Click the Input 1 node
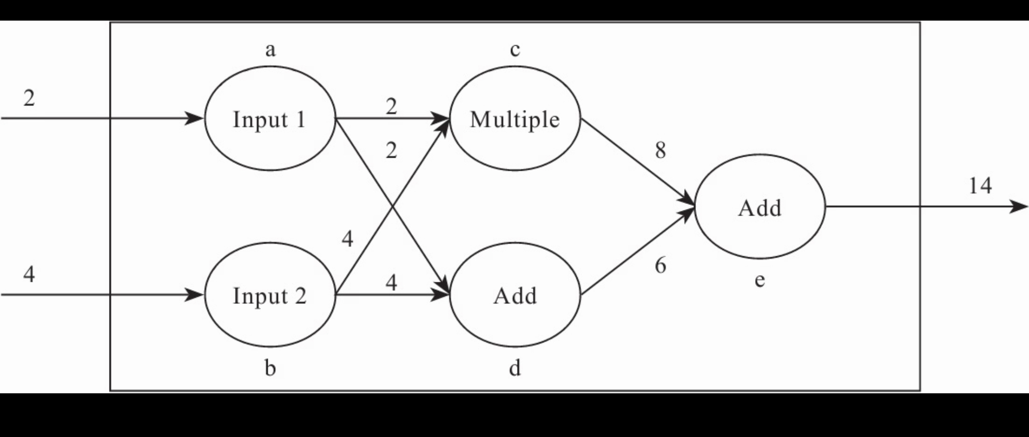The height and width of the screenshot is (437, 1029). [x=270, y=119]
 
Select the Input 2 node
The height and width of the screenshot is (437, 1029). [x=270, y=295]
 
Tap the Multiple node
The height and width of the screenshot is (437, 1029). [x=515, y=119]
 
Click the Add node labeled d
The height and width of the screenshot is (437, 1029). [x=515, y=295]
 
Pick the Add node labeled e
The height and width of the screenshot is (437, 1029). [x=760, y=207]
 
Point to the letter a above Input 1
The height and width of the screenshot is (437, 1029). [x=270, y=50]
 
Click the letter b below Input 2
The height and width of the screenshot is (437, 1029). [x=270, y=368]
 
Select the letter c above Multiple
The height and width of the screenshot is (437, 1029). [x=515, y=50]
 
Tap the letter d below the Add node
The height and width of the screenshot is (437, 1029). [x=515, y=368]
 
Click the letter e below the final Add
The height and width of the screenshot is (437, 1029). [x=760, y=280]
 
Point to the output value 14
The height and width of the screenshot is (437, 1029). [x=980, y=186]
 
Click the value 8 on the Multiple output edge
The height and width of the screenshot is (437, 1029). [x=661, y=150]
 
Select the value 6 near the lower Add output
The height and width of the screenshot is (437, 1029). [x=661, y=265]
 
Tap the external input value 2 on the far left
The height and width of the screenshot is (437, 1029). [x=29, y=98]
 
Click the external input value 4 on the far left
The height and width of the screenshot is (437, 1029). [x=29, y=274]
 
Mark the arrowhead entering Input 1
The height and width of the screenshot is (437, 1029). [x=195, y=119]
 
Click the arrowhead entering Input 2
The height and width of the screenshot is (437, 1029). [x=195, y=295]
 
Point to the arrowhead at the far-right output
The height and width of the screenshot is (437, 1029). [x=1019, y=206]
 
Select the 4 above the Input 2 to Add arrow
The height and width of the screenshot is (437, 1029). [x=391, y=282]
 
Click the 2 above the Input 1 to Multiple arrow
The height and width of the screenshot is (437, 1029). [x=391, y=106]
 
